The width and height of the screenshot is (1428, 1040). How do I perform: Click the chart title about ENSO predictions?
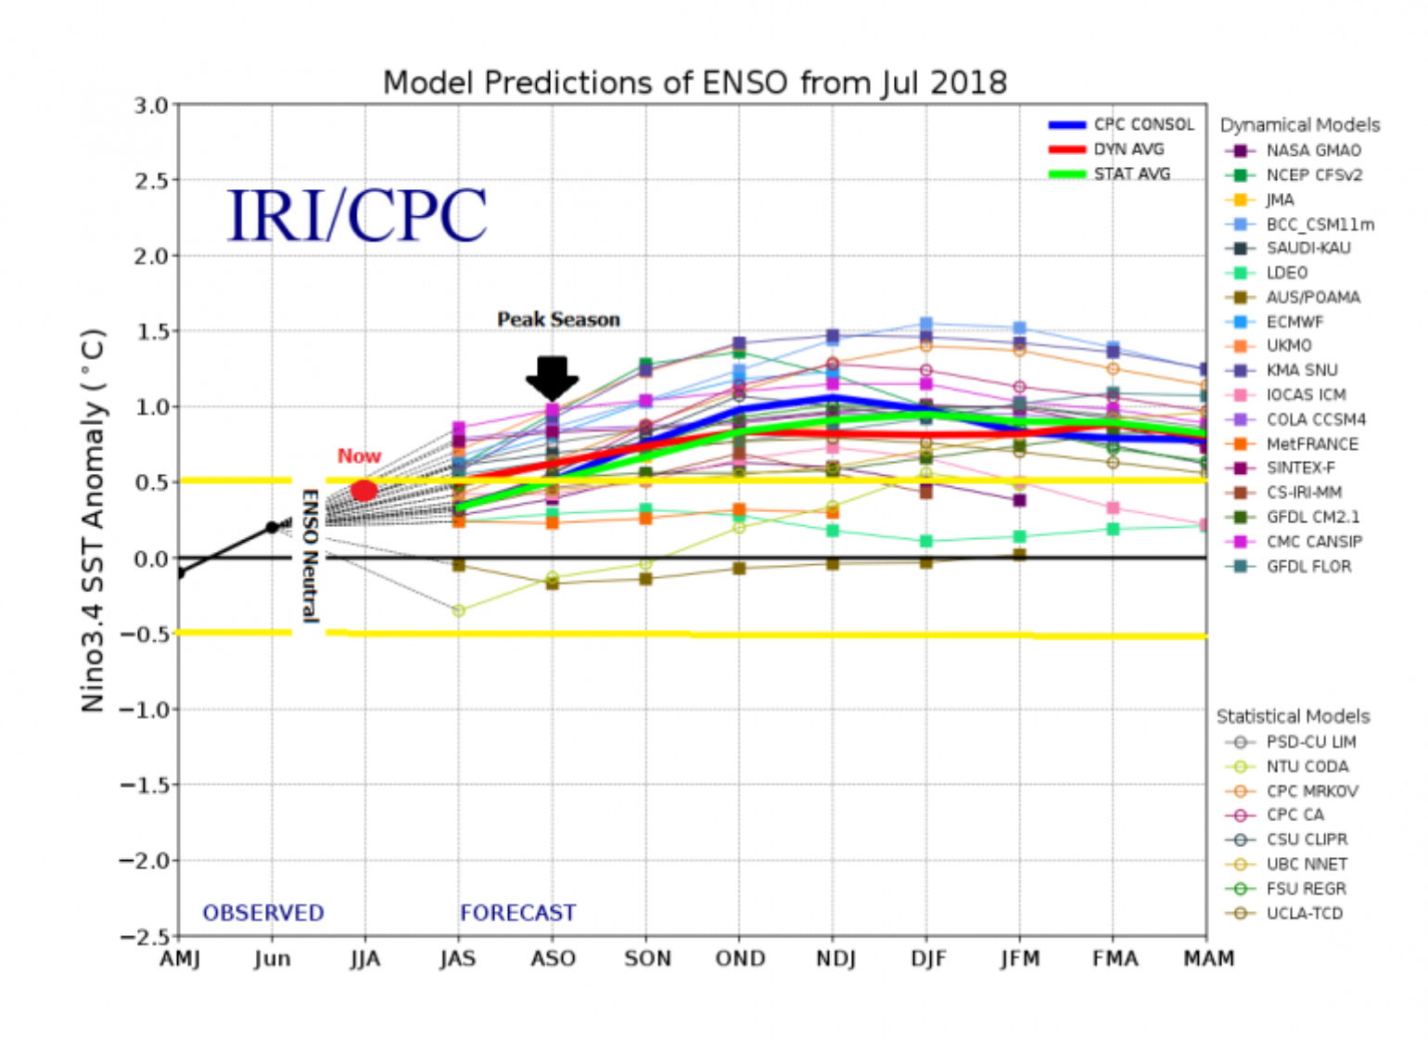tap(695, 83)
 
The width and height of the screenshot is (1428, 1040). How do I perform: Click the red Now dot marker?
tap(364, 491)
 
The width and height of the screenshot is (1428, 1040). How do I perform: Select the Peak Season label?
tap(558, 320)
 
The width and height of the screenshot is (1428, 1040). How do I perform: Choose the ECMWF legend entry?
tap(1294, 322)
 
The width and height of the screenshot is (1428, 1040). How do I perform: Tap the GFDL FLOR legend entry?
tap(1308, 566)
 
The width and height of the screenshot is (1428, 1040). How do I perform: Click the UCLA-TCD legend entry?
tap(1304, 913)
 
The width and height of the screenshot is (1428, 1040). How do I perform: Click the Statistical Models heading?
tap(1293, 716)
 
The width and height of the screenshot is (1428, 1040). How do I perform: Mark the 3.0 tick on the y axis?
tap(151, 106)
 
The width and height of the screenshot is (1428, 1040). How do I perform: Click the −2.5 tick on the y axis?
tap(145, 936)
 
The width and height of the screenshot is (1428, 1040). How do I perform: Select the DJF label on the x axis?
tap(927, 958)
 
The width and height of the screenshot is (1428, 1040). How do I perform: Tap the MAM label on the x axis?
tap(1208, 958)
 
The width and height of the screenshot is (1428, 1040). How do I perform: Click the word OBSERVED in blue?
tap(263, 913)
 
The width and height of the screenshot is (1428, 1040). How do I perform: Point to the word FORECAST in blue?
tap(517, 913)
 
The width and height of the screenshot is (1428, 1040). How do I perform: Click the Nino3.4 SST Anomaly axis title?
tap(94, 520)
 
